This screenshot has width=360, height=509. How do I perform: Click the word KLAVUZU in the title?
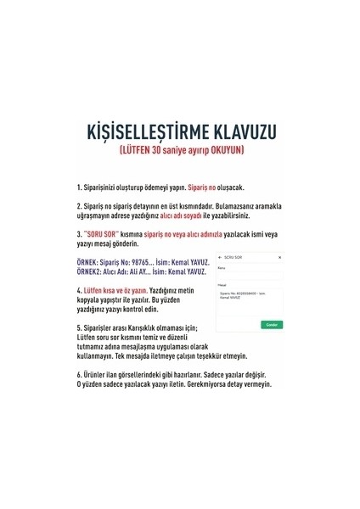[245, 132]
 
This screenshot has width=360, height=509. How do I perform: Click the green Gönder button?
[273, 324]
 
